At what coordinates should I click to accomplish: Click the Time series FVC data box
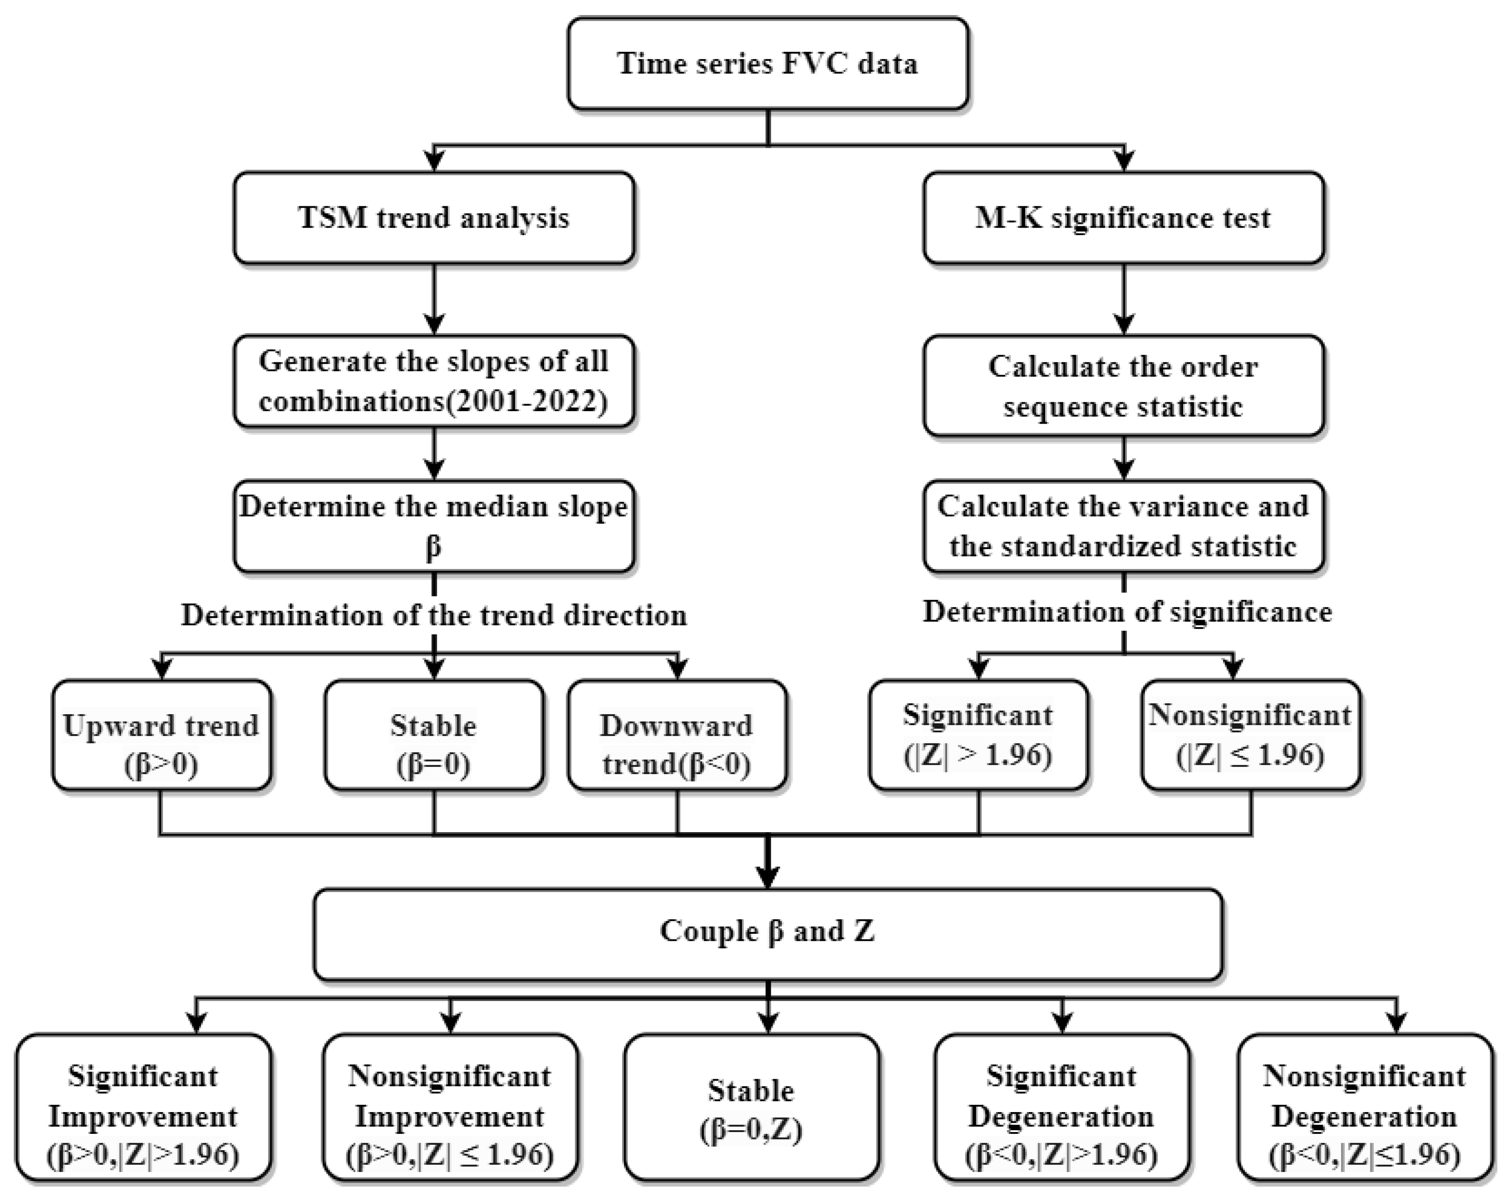(x=767, y=63)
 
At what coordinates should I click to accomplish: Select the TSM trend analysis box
(x=434, y=217)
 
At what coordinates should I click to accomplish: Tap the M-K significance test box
(x=1123, y=217)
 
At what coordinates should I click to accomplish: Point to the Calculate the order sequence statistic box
(x=1123, y=386)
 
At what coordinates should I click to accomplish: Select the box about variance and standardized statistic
(x=1123, y=526)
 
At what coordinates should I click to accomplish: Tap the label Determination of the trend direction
(x=434, y=615)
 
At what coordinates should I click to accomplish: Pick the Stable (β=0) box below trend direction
(x=434, y=735)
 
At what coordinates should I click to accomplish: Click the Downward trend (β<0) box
(x=676, y=735)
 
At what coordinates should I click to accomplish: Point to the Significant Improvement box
(x=143, y=1109)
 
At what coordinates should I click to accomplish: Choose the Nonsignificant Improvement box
(x=450, y=1109)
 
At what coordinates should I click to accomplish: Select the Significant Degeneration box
(x=1061, y=1109)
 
